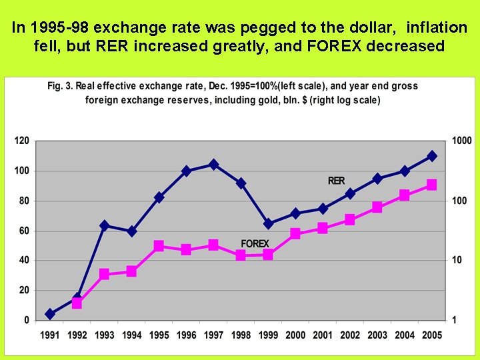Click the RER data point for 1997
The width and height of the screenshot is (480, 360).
(213, 164)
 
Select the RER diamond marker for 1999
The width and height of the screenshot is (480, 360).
(268, 224)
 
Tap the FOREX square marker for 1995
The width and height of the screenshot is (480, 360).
(159, 246)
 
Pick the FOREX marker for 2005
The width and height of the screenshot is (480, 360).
(432, 185)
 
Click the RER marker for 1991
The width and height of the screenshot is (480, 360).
(50, 314)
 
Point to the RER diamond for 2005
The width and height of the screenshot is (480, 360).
(432, 156)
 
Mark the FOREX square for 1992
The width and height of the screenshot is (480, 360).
(77, 303)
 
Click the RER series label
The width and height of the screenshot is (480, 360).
(336, 181)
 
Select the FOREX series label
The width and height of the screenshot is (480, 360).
(255, 244)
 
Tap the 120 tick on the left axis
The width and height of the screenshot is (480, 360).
(22, 141)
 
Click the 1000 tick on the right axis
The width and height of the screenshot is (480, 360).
(461, 141)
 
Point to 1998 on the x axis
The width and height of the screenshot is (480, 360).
(241, 335)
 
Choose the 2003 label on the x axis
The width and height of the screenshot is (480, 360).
(377, 335)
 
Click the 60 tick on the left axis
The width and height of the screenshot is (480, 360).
(23, 231)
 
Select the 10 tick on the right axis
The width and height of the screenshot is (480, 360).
(457, 260)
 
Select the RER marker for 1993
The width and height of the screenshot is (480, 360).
(105, 226)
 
